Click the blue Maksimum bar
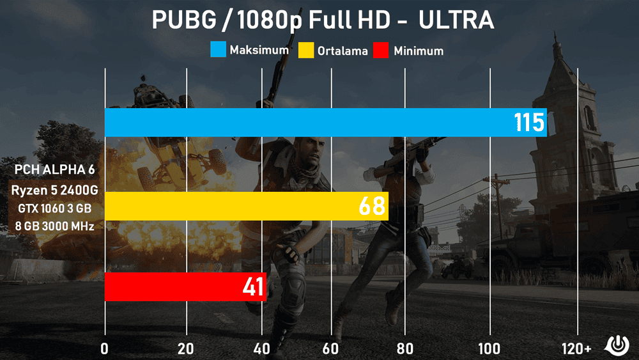pos(307,122)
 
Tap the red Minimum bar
pos(173,286)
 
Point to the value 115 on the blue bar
pos(529,122)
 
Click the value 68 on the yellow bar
pos(371,206)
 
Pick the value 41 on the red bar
pos(253,287)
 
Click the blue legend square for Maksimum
pos(217,50)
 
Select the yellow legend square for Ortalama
pos(307,50)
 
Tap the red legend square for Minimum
pos(383,50)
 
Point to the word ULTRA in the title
pos(456,20)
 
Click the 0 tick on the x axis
pos(105,348)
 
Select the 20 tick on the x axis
pos(186,348)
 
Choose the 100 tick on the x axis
pos(490,348)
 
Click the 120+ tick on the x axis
pos(577,348)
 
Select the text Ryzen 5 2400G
pos(54,190)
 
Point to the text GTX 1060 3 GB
pos(54,208)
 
